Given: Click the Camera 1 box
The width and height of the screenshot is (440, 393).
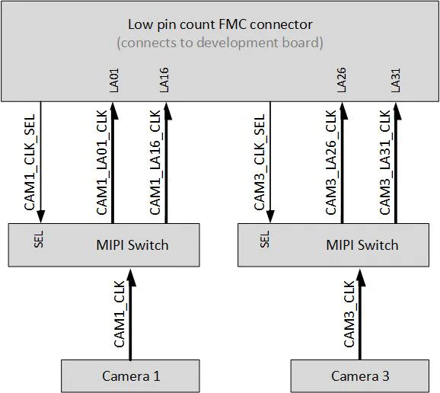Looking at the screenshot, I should click(130, 375).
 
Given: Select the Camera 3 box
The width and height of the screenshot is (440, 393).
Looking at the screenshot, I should click(359, 375).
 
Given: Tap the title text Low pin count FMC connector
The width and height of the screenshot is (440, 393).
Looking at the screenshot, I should click(220, 24).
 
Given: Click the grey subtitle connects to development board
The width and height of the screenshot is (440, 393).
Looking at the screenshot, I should click(220, 43).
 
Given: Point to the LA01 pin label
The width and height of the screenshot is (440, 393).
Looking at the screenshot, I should click(114, 80).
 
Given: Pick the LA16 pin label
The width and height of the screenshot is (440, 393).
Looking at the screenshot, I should click(165, 80).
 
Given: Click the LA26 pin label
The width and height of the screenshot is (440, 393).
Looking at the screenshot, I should click(342, 80).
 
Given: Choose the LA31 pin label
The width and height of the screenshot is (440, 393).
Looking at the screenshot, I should click(395, 80).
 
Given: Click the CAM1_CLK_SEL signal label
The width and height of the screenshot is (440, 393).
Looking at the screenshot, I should click(30, 162).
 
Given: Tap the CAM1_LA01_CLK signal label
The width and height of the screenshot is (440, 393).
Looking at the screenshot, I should click(103, 162).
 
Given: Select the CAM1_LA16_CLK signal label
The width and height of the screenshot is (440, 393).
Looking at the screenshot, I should click(155, 162).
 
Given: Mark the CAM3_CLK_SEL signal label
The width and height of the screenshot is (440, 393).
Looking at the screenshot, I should click(259, 162).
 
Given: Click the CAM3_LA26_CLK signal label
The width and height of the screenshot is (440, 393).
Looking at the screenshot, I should click(331, 162).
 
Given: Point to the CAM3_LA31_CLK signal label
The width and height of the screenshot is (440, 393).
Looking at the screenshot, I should click(384, 162).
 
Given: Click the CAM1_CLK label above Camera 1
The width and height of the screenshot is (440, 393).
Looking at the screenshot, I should click(120, 314).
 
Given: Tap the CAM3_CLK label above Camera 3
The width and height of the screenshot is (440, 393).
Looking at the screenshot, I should click(349, 314).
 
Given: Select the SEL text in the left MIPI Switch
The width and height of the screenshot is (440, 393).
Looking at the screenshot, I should click(39, 240).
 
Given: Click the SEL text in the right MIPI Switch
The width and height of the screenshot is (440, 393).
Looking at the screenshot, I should click(265, 240).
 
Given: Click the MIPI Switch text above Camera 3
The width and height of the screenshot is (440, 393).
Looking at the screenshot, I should click(362, 244).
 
